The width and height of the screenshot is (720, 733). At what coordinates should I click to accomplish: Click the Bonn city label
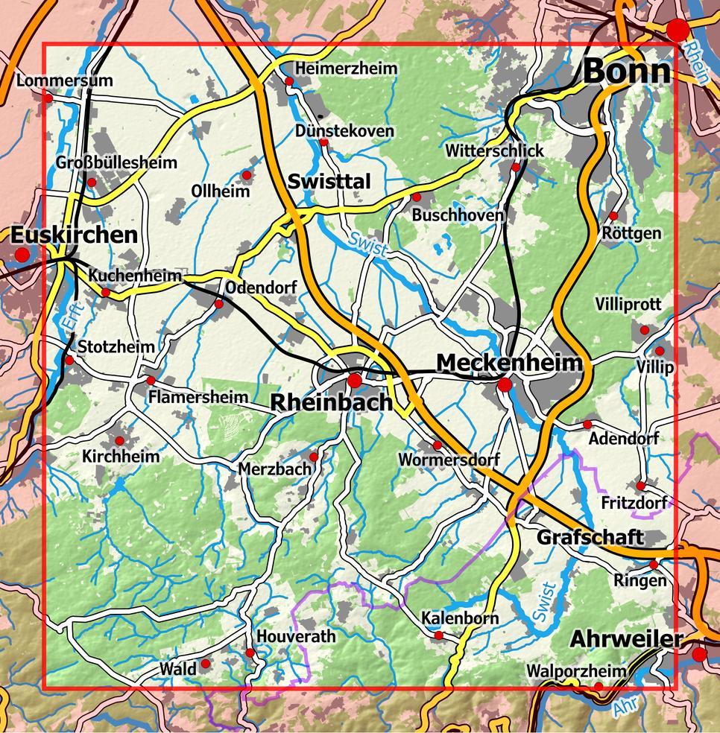coord(627,72)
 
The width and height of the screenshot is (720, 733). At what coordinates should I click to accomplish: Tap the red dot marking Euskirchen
coord(22,256)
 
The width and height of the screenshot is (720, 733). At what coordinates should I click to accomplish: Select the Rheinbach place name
coord(331,403)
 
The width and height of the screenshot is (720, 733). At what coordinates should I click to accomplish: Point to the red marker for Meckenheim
coord(505,385)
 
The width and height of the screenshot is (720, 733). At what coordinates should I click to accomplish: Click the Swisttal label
coord(329,182)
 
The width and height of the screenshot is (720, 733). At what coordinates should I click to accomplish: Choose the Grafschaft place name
coord(590,537)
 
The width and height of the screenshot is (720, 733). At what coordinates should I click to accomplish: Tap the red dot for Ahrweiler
coord(699,655)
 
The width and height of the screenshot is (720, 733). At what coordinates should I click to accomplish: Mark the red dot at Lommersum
coord(48,97)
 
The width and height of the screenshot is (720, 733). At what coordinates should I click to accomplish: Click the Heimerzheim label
coord(347,69)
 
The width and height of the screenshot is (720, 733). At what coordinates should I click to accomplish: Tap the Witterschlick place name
coord(495,150)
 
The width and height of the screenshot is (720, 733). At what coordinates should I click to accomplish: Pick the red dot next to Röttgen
coord(613,216)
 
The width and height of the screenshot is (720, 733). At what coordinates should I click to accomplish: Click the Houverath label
coord(296,637)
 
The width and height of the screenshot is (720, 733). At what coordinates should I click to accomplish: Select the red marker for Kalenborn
coord(439,635)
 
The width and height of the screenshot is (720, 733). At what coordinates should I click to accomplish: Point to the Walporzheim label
coord(577,671)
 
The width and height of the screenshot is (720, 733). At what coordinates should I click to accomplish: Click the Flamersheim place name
coord(198,397)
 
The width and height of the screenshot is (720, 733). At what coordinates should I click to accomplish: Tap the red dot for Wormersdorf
coord(438,445)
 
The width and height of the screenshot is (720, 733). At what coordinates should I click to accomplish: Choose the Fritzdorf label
coord(634,504)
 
